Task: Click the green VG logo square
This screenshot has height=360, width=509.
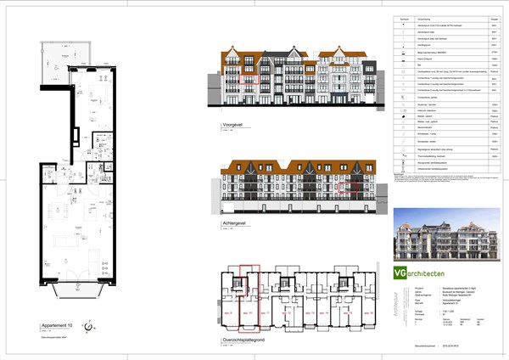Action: tap(400, 273)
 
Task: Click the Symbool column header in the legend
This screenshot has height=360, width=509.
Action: tap(406, 19)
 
